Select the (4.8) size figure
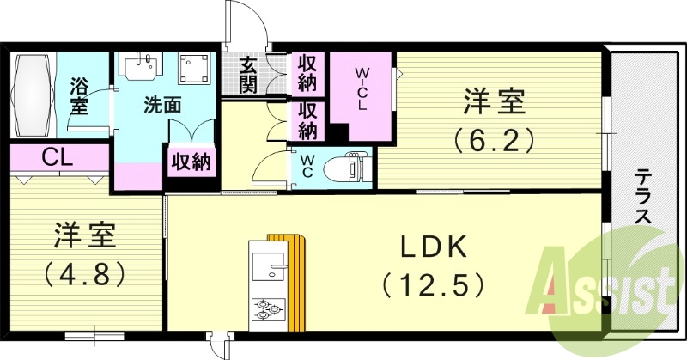[x=84, y=274]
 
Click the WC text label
[x=306, y=165]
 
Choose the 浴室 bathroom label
[x=79, y=96]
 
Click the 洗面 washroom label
[x=161, y=106]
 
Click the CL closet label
[x=57, y=158]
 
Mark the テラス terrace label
[x=642, y=198]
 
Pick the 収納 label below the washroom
[x=192, y=161]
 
